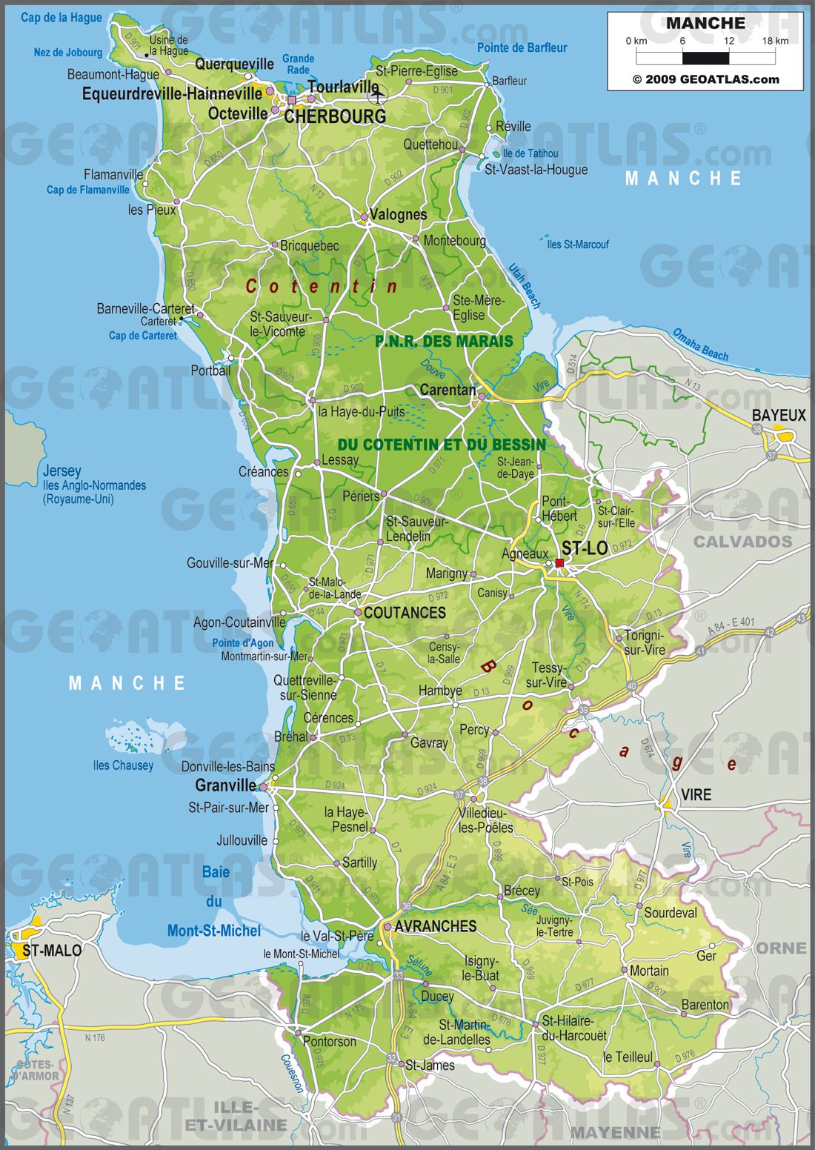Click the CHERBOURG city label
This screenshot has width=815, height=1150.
coord(335,117)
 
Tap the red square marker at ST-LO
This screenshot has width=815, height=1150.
coord(559,563)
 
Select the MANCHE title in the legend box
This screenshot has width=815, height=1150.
coord(705,23)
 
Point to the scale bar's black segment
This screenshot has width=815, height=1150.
coord(705,58)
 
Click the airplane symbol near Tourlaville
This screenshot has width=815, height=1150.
coord(378,94)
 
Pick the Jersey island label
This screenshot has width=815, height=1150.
coord(62,471)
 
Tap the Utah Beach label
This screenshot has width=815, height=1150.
coord(525,285)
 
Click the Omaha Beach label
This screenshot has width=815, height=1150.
coord(700,345)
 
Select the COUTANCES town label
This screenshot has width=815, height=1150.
coord(405,613)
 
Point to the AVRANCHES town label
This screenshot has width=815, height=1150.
coord(435,926)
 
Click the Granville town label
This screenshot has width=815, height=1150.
coord(225,785)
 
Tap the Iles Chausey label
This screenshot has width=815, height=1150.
coord(123,765)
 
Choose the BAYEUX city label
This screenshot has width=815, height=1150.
coord(779,416)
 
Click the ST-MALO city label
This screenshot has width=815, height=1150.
coord(52,951)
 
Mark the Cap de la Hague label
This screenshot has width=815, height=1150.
coord(61,18)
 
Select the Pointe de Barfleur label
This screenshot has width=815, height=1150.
coord(522,48)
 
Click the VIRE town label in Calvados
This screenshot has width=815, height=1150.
coord(696,795)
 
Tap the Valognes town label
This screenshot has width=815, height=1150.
coord(398,215)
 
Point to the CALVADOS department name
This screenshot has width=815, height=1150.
coord(742,542)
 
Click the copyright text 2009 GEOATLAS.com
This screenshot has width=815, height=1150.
coord(705,79)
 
